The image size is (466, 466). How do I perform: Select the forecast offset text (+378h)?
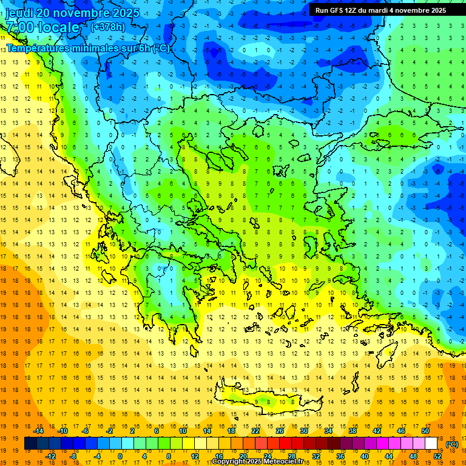click(x=108, y=27)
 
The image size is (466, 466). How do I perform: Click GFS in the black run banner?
click(x=336, y=10)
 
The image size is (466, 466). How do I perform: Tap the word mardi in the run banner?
click(x=385, y=10)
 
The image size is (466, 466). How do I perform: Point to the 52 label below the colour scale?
click(x=437, y=456)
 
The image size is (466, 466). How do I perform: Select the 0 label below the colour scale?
click(x=120, y=456)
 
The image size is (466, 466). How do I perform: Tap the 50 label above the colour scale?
click(x=425, y=431)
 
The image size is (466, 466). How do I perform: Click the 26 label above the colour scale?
click(x=280, y=431)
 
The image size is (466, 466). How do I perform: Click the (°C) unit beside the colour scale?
click(x=452, y=444)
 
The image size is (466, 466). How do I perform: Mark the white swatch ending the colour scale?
click(x=431, y=444)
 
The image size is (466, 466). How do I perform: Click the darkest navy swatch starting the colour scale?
click(x=31, y=444)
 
